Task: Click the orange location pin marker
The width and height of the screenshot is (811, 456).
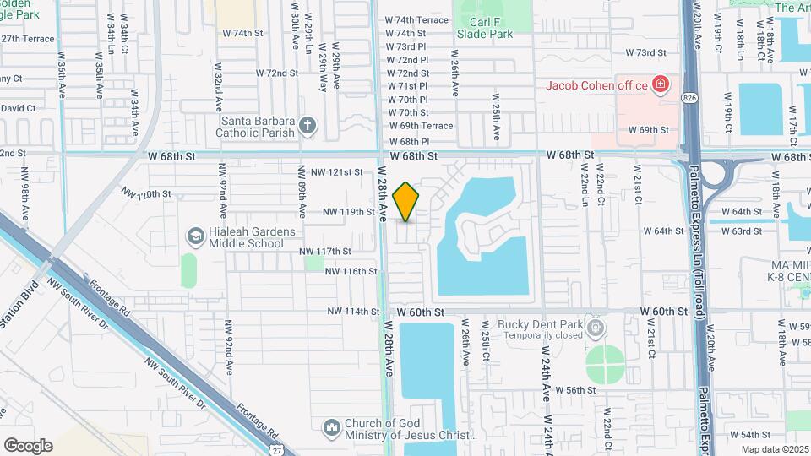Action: click(x=406, y=202)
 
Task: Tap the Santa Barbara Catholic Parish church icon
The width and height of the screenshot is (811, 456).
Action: click(x=308, y=127)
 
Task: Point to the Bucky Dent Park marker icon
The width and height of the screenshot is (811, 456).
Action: click(x=597, y=325)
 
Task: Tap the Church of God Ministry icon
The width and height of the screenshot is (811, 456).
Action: click(x=330, y=428)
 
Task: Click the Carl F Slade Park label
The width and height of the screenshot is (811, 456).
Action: click(x=484, y=28)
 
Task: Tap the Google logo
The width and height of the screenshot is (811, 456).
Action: click(x=28, y=446)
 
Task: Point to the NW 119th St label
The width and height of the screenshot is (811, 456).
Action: click(x=348, y=212)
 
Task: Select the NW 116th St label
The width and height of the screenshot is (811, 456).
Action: click(x=350, y=271)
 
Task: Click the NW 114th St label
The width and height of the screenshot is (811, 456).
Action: click(x=354, y=312)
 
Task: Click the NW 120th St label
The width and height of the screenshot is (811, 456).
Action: click(x=146, y=193)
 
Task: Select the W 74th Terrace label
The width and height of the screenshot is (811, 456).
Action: click(x=416, y=19)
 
